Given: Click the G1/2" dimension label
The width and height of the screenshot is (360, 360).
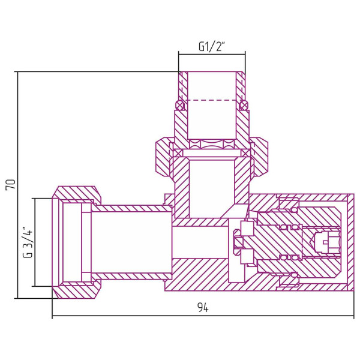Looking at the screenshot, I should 211,46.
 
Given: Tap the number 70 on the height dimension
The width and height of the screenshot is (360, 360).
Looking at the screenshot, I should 10,184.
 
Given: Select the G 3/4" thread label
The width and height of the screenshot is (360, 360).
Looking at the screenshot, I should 26,242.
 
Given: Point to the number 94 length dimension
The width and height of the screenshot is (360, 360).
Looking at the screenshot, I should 202,308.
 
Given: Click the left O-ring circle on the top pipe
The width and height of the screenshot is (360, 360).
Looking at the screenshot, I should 178,105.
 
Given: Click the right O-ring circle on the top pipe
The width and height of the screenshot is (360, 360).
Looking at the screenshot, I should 244,105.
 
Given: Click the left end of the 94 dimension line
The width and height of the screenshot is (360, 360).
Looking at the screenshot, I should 53,316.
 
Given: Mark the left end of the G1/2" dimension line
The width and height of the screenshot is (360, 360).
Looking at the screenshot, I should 178,55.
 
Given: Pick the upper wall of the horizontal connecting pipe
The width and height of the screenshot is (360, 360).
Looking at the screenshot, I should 129,208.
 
